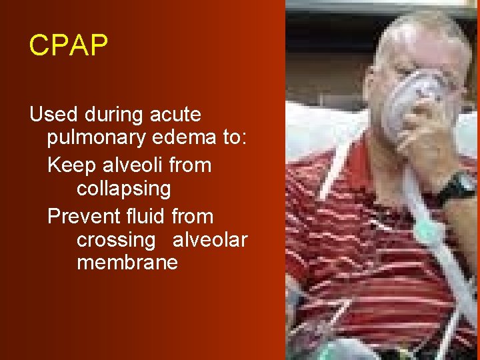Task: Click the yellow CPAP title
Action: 68,45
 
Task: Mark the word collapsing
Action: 124,189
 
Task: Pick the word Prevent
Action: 84,216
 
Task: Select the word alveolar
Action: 210,239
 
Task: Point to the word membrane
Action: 127,263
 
